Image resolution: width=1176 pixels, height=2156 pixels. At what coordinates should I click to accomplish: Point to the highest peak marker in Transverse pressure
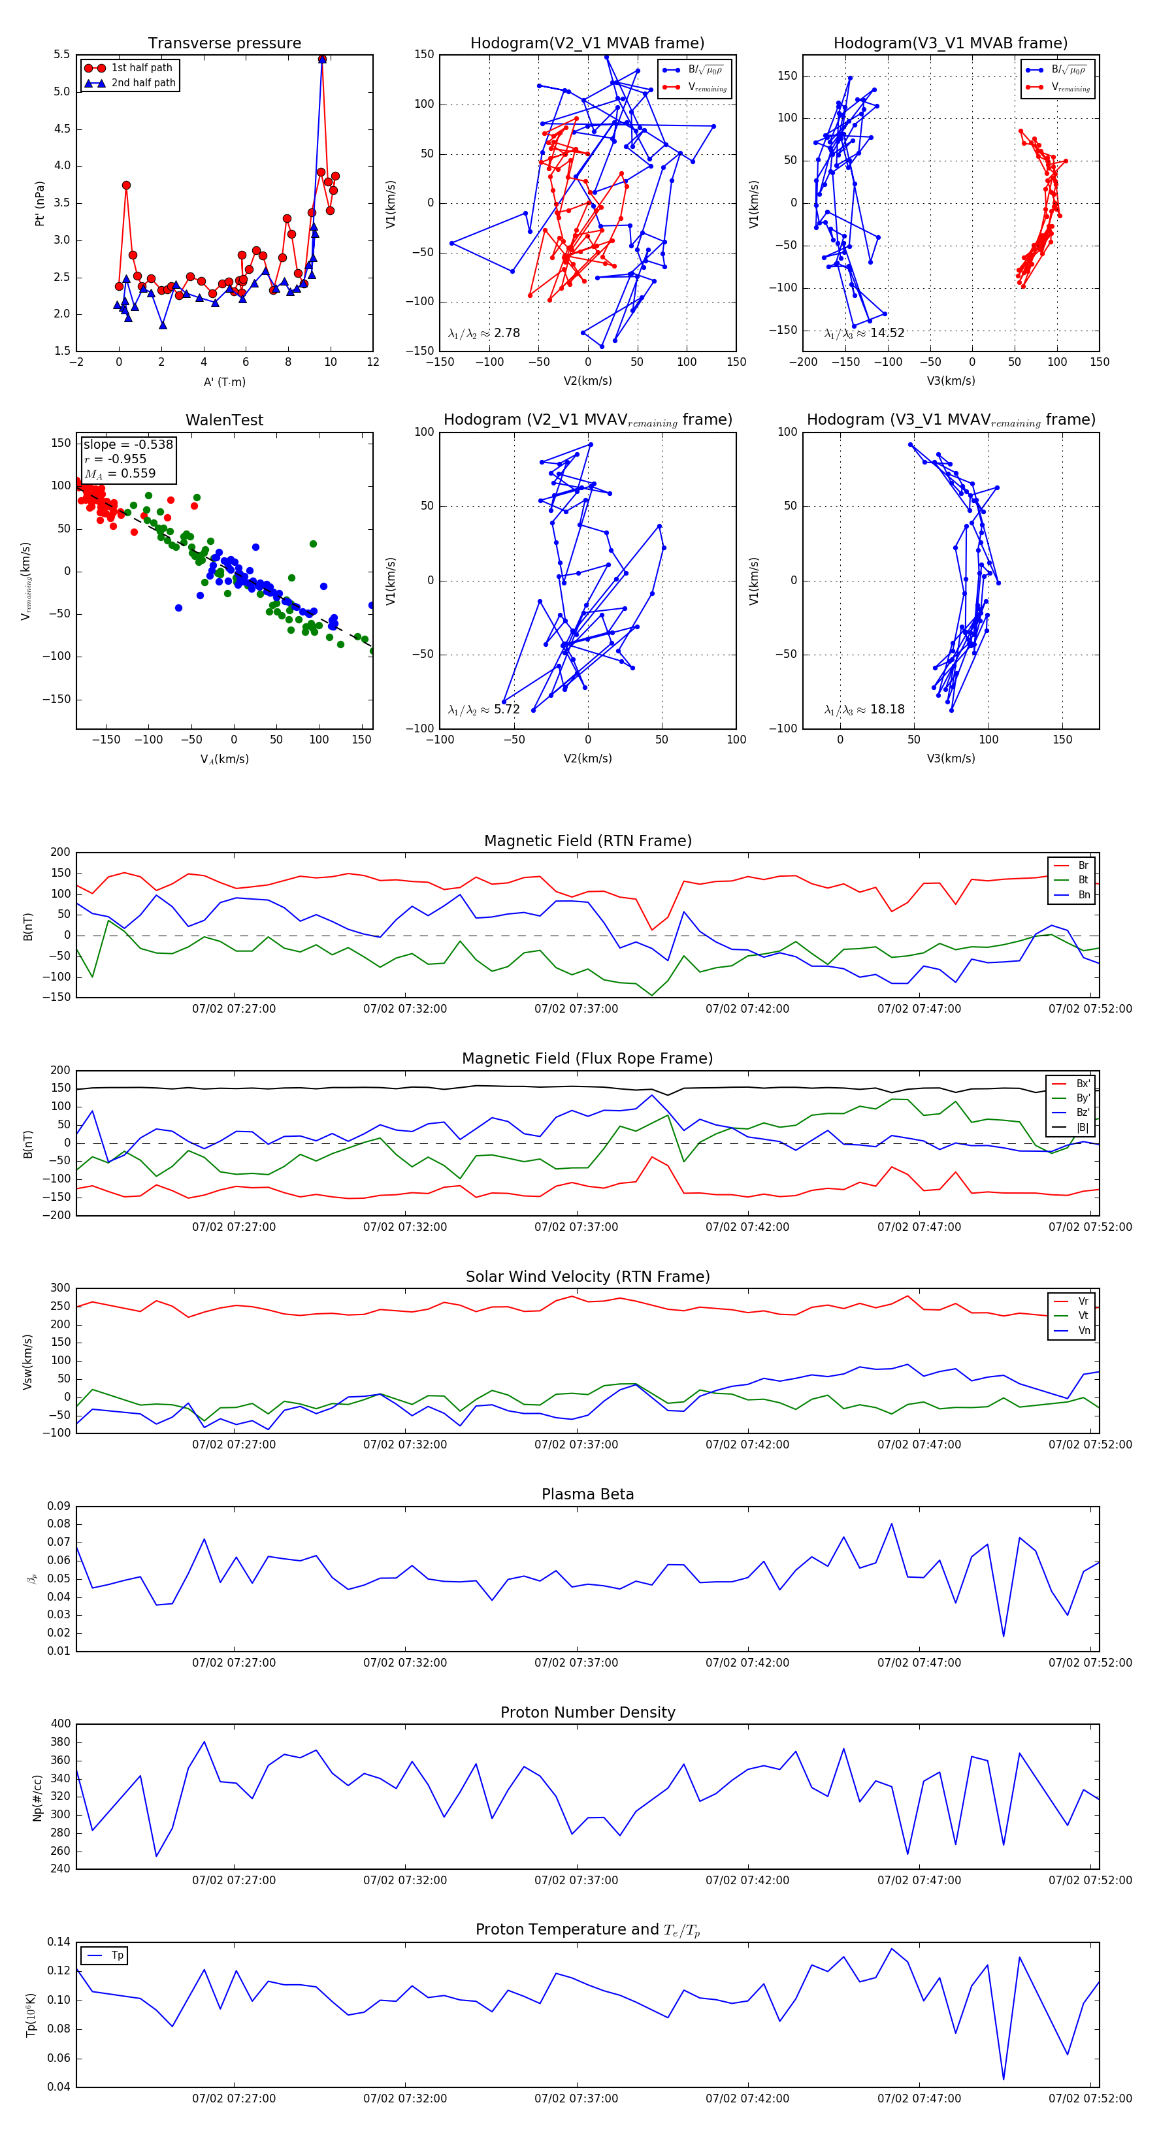coord(322,59)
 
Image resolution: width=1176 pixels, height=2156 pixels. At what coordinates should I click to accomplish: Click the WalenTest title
coord(224,420)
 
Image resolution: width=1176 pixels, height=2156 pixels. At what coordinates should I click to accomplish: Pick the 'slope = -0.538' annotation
coord(128,444)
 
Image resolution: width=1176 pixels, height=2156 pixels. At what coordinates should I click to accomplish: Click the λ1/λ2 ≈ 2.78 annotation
coord(483,333)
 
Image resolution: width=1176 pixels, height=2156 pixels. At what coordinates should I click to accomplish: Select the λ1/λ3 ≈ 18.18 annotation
coord(864,710)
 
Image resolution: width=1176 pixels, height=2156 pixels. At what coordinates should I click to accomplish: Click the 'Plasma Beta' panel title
coord(587,1495)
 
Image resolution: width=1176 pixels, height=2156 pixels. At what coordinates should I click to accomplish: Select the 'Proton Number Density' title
coord(587,1712)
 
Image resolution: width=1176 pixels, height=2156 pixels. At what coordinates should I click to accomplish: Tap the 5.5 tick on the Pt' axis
coord(62,54)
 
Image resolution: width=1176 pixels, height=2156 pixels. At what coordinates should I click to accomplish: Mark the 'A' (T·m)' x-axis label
coord(224,382)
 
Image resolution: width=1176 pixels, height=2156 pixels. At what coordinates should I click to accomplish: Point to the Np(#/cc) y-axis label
coord(37,1797)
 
